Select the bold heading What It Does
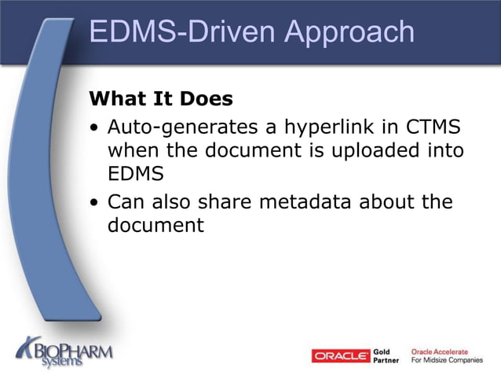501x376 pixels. [161, 99]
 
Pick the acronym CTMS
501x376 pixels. [435, 126]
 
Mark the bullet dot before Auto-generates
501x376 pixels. [94, 127]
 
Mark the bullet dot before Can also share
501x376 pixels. [94, 203]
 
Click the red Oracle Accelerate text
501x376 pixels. [439, 352]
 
